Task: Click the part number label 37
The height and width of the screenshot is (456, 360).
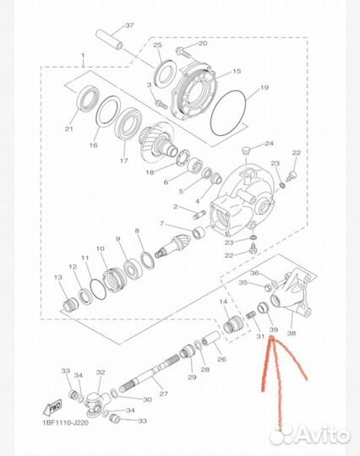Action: (129, 24)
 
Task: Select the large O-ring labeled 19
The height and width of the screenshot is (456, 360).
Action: (228, 109)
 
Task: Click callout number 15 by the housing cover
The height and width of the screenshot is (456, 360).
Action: (237, 73)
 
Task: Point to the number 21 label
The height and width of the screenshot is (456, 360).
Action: (68, 128)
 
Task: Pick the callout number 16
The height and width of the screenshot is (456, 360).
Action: (94, 146)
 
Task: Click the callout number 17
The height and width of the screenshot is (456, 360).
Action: (125, 160)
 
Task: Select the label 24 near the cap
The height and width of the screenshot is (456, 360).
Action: (270, 144)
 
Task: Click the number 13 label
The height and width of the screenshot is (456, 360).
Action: (58, 277)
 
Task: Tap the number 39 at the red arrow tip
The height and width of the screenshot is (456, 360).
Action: (273, 328)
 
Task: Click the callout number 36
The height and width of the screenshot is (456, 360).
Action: (254, 273)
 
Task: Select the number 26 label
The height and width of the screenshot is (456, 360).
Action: (221, 359)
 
